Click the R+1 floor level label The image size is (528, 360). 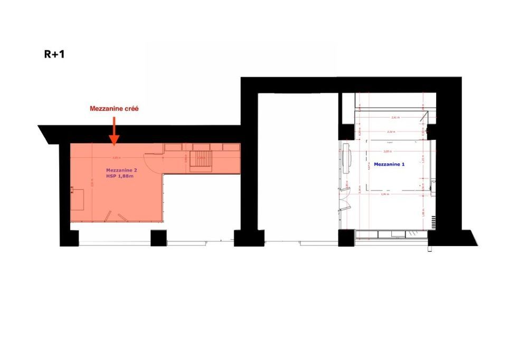54,53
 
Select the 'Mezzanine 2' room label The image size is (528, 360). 120,170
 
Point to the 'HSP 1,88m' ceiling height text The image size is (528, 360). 120,176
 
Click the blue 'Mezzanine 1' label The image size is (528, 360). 389,164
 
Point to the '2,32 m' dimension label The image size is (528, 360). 390,131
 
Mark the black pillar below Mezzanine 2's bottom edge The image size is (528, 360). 158,238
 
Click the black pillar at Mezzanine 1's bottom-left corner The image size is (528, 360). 346,239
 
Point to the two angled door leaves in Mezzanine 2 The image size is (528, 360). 116,216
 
